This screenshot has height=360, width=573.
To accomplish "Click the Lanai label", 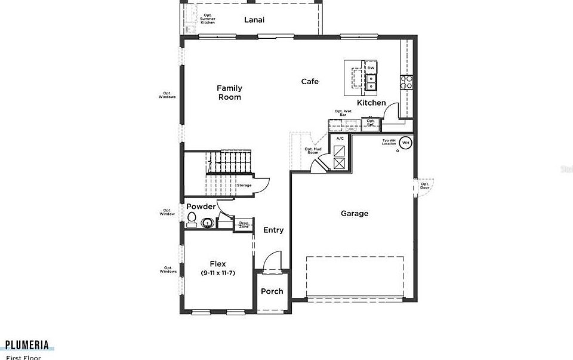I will click(254, 20).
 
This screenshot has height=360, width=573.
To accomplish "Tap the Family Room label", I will click(229, 93).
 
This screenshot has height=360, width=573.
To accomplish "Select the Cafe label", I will click(310, 82).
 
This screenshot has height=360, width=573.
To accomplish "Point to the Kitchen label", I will click(371, 103).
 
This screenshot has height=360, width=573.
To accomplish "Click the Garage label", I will click(355, 213).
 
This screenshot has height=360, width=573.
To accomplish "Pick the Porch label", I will click(272, 291).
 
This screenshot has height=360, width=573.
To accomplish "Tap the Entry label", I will click(273, 230).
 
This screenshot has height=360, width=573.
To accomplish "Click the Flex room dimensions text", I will click(217, 273).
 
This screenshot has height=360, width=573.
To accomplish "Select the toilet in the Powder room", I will click(192, 221).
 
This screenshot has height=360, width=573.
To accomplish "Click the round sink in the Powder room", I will click(207, 224).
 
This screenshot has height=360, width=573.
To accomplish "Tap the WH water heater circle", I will click(406, 143).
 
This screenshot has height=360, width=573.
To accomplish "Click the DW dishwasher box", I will click(371, 68).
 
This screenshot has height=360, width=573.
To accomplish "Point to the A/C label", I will click(340, 139).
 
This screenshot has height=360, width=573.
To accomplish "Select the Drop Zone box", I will click(244, 224).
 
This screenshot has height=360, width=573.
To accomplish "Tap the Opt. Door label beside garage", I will click(425, 186).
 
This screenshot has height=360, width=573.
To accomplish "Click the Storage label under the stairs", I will click(244, 186).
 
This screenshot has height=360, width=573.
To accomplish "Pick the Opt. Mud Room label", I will click(312, 151).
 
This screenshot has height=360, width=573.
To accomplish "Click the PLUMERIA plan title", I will click(27, 344).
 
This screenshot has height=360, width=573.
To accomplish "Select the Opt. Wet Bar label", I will click(343, 112).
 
